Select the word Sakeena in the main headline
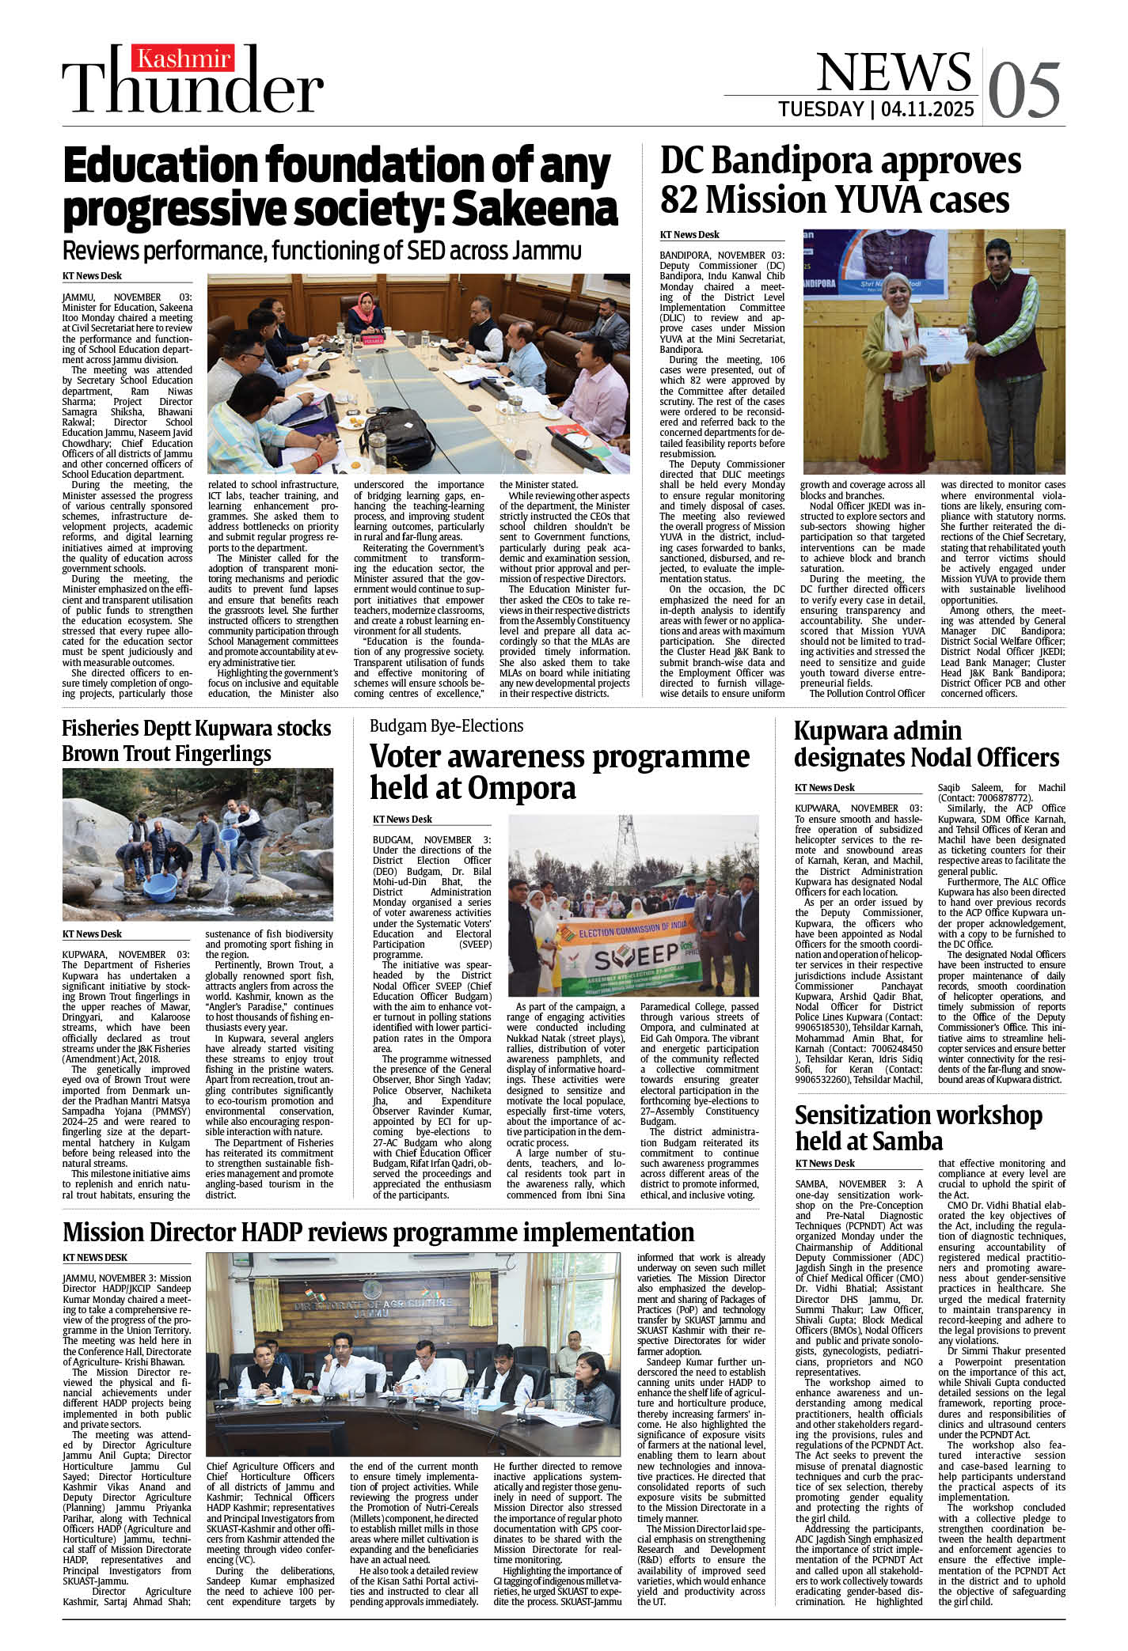tap(535, 209)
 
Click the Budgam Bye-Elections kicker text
tap(446, 726)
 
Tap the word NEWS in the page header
tap(892, 72)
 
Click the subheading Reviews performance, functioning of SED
tap(321, 251)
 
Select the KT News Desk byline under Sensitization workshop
tap(824, 1163)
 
